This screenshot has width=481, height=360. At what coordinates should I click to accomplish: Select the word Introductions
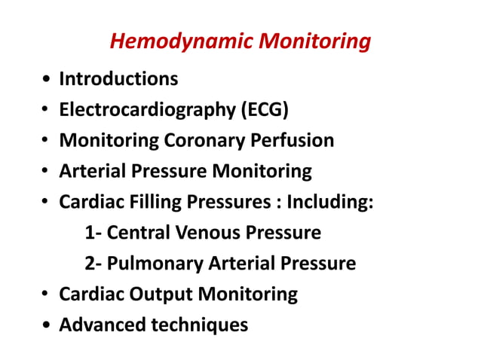pos(119,78)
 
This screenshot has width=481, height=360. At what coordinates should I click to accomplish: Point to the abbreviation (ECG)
pos(264,110)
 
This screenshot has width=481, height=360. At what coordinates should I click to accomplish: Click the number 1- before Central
pos(93,233)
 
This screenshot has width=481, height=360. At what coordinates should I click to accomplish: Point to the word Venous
pos(206,233)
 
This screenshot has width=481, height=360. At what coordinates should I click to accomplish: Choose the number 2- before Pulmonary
pos(93,264)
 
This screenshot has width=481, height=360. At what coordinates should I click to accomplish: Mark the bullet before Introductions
pos(47,80)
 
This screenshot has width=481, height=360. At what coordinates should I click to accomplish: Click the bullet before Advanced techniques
pos(47,327)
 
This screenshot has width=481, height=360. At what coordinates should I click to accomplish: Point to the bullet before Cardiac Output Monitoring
pos(47,296)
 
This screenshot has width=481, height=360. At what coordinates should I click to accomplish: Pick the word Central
pos(139,233)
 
